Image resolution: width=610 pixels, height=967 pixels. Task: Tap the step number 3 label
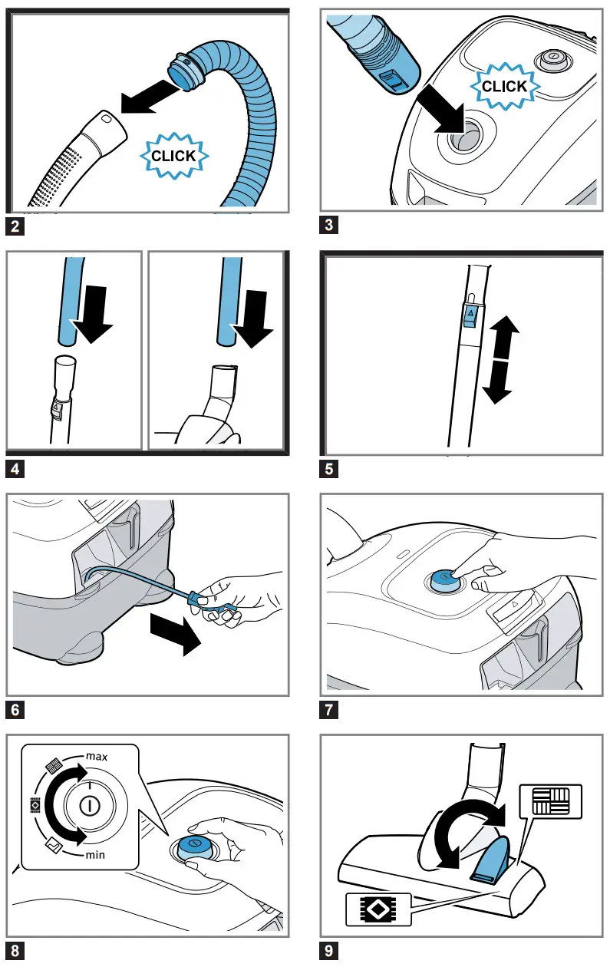tap(329, 226)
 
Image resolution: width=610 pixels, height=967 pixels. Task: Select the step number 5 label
tap(329, 469)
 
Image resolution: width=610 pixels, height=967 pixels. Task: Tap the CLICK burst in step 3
tap(504, 87)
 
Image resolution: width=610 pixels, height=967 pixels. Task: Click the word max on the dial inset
tap(96, 757)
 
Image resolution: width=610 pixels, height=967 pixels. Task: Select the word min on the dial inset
tap(95, 853)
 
